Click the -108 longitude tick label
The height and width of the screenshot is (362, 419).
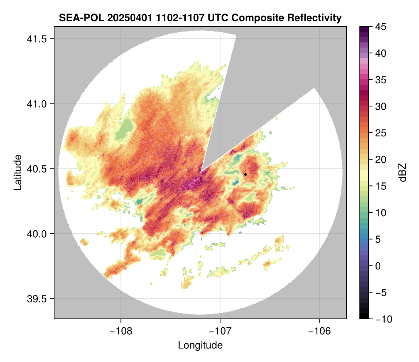point(121,331)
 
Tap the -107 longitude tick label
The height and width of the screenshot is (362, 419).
point(220,331)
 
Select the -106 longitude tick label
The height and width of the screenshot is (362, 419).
point(320,331)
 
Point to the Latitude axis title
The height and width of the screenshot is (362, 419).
point(18,172)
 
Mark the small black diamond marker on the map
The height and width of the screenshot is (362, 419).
point(246,174)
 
